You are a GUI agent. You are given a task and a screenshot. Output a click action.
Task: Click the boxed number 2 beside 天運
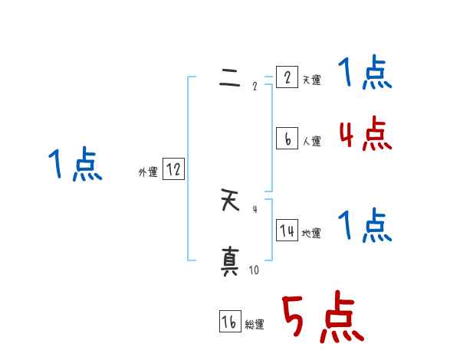(x=286, y=77)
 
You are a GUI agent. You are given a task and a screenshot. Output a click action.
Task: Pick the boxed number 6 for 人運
(x=286, y=139)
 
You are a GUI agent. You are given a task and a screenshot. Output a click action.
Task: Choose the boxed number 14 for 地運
(x=287, y=231)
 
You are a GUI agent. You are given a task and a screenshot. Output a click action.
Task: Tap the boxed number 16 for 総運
(x=230, y=322)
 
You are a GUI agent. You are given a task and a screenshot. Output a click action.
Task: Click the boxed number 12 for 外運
(x=173, y=170)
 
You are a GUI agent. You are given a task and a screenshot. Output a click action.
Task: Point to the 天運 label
(x=311, y=80)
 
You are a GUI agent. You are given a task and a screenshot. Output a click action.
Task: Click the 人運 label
(x=311, y=141)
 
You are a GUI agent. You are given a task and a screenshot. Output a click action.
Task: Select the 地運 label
(x=311, y=233)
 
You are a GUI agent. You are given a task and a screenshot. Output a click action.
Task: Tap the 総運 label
(x=255, y=325)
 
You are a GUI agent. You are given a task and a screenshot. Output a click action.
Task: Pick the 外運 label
(x=148, y=173)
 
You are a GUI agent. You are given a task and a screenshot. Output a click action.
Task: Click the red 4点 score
(x=365, y=135)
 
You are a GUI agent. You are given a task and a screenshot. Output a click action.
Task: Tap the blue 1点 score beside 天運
(x=365, y=74)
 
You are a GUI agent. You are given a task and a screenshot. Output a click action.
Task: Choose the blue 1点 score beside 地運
(x=365, y=227)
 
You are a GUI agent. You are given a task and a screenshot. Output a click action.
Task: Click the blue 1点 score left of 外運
(x=74, y=165)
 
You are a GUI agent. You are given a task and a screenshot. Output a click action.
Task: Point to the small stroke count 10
(x=254, y=270)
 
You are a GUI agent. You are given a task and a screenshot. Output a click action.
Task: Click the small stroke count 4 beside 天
(x=255, y=208)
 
